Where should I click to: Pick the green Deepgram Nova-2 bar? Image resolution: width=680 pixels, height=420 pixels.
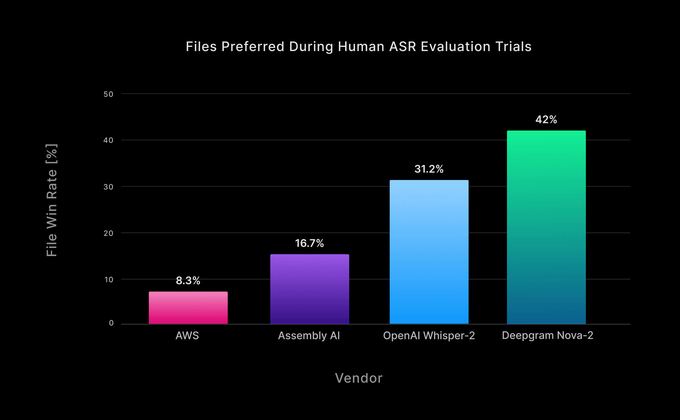tap(546, 227)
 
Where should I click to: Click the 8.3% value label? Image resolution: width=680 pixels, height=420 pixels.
tap(188, 281)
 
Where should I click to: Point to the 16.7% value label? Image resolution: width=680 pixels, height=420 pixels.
tap(309, 243)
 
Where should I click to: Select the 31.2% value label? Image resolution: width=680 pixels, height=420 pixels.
tap(429, 169)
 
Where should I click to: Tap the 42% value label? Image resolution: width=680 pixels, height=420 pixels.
tap(546, 120)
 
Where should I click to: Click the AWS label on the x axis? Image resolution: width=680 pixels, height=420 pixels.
tap(187, 336)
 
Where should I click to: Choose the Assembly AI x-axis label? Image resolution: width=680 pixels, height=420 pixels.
tap(309, 336)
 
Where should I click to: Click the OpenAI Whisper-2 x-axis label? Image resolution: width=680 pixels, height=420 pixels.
tap(429, 336)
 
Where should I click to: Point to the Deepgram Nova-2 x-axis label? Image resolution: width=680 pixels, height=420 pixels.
tap(547, 335)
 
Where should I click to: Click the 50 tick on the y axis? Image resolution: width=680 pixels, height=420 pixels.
tap(108, 94)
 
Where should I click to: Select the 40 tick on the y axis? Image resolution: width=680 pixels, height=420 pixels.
tap(108, 140)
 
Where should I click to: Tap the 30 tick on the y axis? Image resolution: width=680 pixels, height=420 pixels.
tap(108, 187)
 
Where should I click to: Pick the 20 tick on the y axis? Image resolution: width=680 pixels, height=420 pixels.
tap(108, 233)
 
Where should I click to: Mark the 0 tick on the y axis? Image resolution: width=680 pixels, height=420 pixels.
tap(111, 323)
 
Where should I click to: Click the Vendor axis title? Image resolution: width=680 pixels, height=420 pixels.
tap(359, 378)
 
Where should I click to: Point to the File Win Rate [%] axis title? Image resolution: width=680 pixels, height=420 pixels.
tap(52, 200)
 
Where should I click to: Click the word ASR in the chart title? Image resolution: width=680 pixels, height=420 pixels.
tap(402, 46)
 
